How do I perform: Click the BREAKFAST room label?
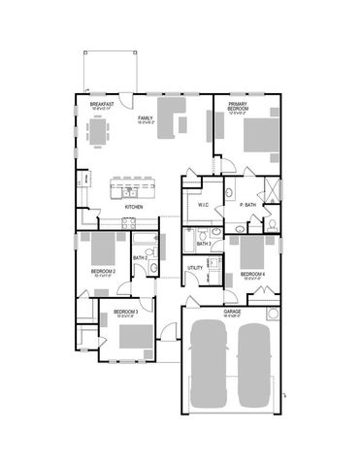click(x=102, y=104)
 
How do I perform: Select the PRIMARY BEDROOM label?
click(x=239, y=107)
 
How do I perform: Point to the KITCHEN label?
click(x=135, y=207)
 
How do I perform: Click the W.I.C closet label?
click(x=204, y=206)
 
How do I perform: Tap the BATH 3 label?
click(x=204, y=243)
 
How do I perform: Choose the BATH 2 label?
click(x=139, y=258)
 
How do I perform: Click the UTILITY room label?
click(x=194, y=267)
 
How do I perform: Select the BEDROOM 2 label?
click(x=103, y=271)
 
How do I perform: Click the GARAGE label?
click(x=233, y=312)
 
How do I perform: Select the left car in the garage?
click(x=210, y=363)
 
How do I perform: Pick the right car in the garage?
click(x=254, y=363)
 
